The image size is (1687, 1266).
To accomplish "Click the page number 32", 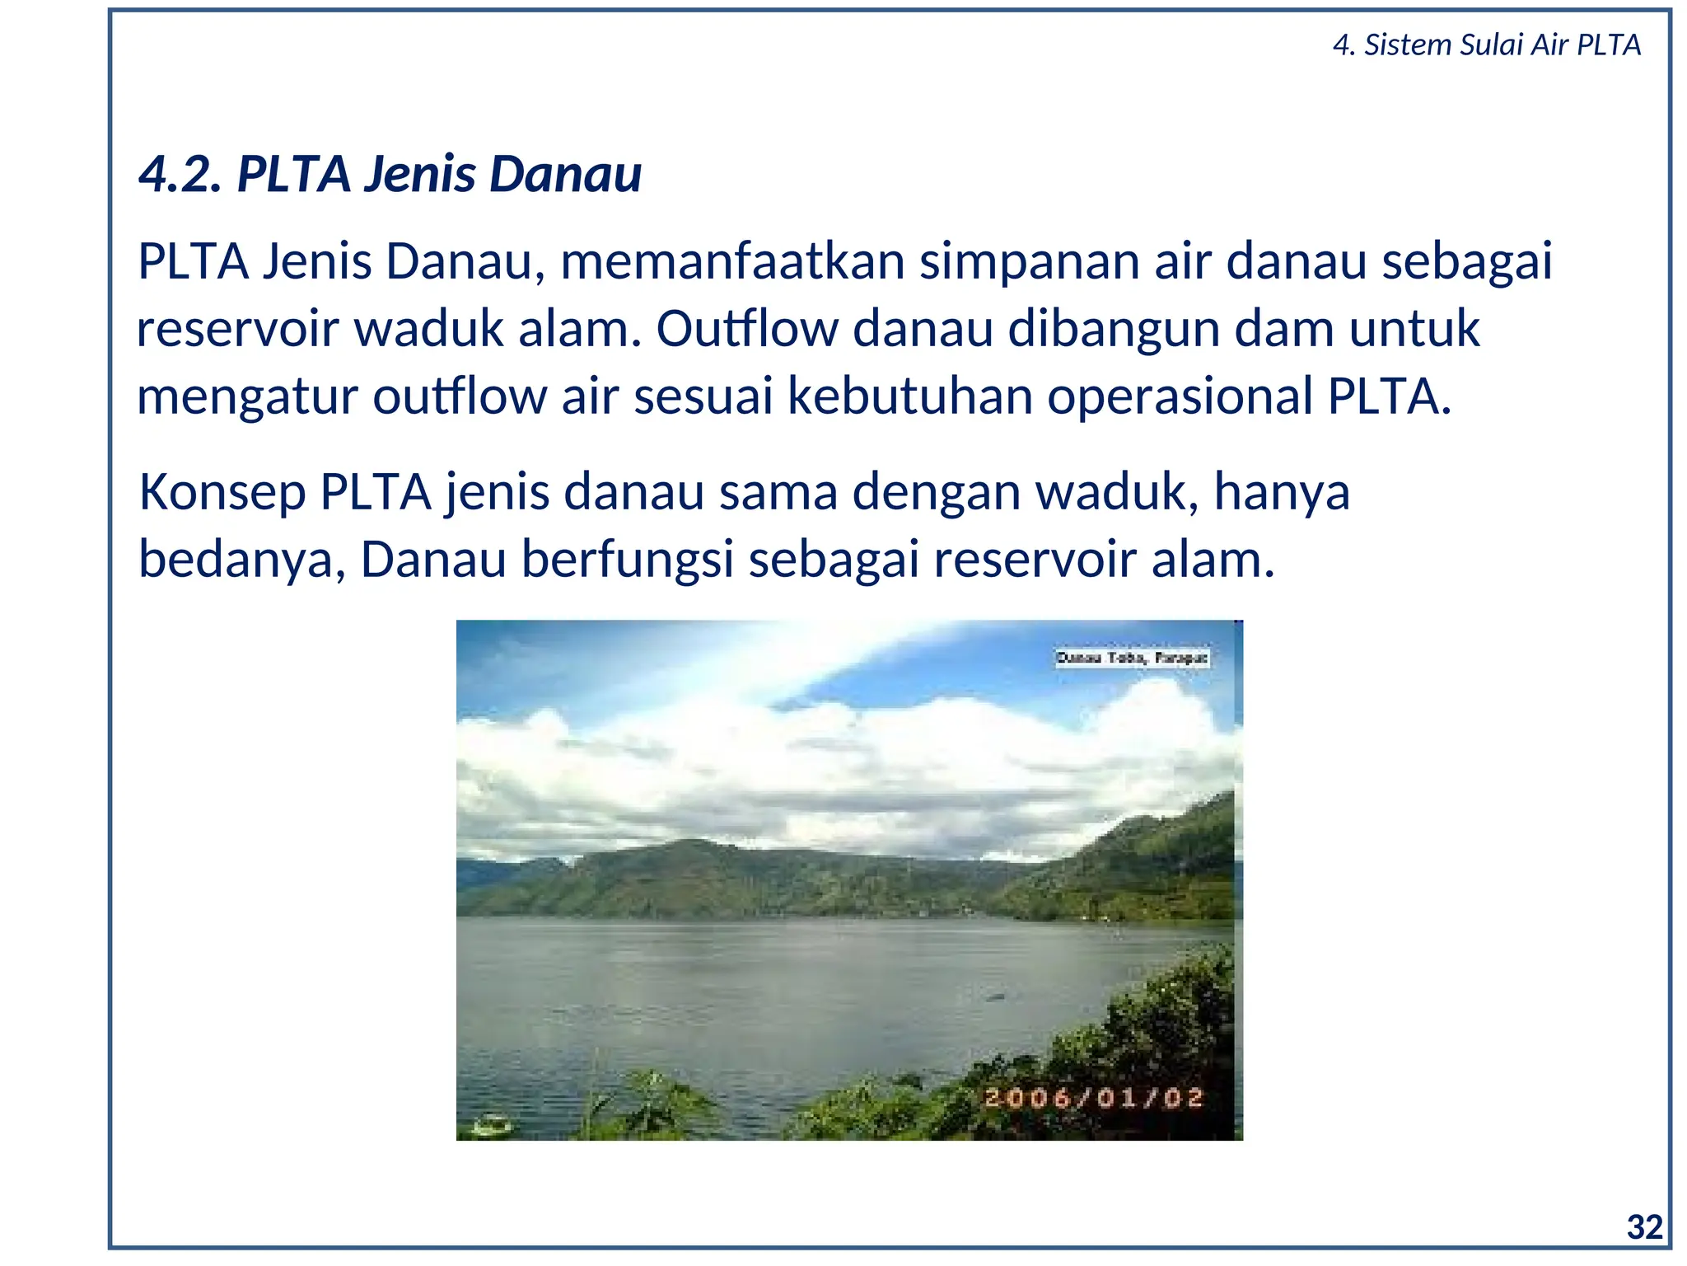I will tap(1645, 1227).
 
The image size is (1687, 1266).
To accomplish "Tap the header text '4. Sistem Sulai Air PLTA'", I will tap(1486, 45).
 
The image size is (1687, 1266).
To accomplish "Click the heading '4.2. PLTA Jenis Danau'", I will tap(390, 174).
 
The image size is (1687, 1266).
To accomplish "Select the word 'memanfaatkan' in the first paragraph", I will tap(732, 261).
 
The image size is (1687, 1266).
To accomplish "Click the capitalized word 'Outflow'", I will tap(746, 329).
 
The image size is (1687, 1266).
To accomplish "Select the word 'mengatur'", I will tap(246, 397).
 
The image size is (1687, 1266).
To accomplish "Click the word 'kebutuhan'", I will tap(909, 396).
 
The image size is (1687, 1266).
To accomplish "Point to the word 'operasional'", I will tap(1179, 397).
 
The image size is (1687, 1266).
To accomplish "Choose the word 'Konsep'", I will tap(222, 493).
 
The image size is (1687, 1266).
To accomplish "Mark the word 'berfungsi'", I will tap(627, 560).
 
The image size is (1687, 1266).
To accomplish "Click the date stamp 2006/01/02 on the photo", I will tap(1094, 1098).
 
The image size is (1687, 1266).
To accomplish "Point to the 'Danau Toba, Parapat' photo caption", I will tap(1133, 658).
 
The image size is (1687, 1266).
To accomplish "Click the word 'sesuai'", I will tap(703, 396).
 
